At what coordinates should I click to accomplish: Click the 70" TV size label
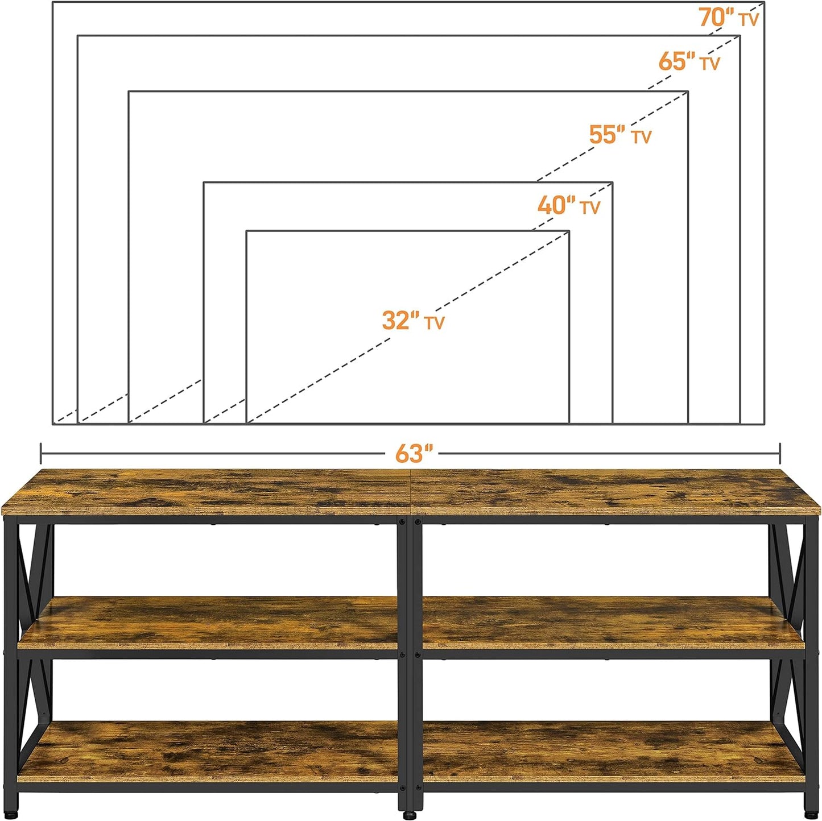click(x=728, y=18)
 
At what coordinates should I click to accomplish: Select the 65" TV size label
click(x=689, y=61)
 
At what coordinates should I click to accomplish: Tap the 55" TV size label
click(x=619, y=135)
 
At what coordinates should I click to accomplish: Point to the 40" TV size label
click(x=568, y=205)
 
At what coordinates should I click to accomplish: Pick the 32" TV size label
click(x=413, y=321)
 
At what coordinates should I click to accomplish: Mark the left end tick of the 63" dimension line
click(x=41, y=454)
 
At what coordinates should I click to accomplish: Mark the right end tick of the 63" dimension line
click(x=780, y=454)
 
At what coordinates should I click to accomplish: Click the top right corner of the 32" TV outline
click(x=569, y=231)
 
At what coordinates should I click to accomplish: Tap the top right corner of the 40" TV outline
click(x=612, y=183)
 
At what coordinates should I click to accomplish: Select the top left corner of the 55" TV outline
click(x=129, y=91)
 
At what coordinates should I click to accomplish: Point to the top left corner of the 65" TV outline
click(x=78, y=36)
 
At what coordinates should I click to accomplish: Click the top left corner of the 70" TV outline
click(x=53, y=2)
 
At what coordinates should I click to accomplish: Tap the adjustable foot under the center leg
click(x=410, y=814)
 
